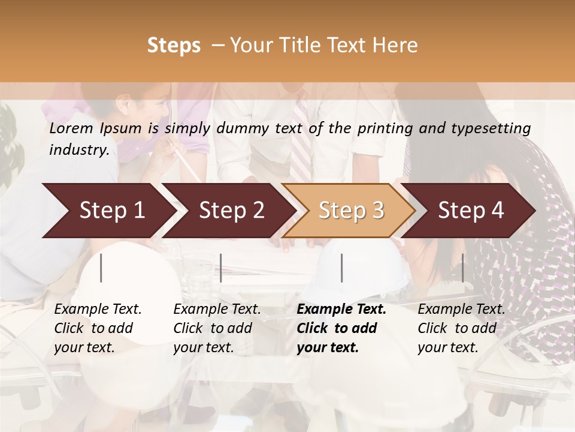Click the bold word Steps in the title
174,46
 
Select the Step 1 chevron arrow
108,211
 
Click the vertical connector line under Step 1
101,268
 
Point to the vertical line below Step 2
221,268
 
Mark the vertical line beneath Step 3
342,268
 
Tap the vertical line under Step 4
462,268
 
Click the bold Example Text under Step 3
341,310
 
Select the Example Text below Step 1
98,310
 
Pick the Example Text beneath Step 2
217,310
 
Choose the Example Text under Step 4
461,310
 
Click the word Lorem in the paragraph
71,128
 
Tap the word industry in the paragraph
78,150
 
